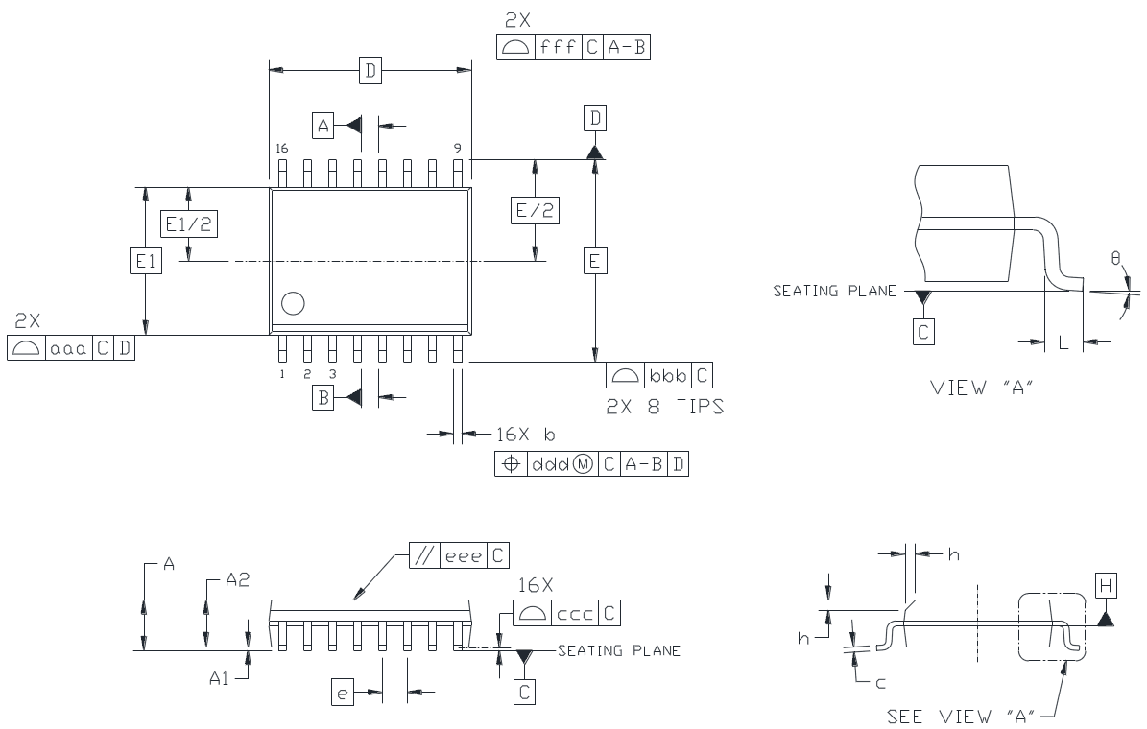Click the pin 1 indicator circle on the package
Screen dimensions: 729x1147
tap(293, 304)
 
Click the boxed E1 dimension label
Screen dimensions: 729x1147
tap(145, 260)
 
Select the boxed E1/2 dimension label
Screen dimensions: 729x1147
tap(188, 223)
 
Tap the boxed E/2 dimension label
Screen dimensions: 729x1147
tap(535, 211)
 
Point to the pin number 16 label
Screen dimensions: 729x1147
tap(281, 149)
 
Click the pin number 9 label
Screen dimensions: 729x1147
tap(458, 149)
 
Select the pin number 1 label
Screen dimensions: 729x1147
tap(283, 374)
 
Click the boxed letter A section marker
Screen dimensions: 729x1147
tap(323, 124)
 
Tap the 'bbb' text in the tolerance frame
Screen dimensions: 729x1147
tap(668, 375)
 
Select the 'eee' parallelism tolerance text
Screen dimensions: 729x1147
tap(465, 555)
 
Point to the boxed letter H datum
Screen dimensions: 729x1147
tap(1105, 584)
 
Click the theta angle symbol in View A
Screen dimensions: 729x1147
tap(1115, 259)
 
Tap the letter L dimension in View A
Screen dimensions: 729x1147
tap(1063, 342)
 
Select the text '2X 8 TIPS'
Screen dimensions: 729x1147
tap(664, 407)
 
